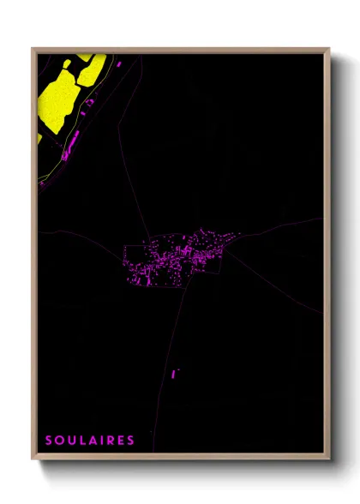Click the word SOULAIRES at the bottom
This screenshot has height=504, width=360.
pos(90,441)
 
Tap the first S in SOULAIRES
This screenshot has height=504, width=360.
pos(49,441)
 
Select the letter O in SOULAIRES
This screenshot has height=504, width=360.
pos(59,441)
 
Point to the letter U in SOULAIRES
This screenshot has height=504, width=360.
pos(70,441)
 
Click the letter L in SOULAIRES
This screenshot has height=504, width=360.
pos(81,441)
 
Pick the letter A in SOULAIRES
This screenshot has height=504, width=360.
pos(90,441)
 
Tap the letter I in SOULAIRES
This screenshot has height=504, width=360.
pos(99,441)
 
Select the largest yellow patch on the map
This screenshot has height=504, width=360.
pos(58,99)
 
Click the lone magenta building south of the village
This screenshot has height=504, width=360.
pos(173,374)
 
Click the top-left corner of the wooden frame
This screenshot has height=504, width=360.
pos(33,49)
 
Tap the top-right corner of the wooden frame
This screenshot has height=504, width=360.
pos(329,49)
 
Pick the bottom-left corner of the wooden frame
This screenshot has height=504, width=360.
pos(33,459)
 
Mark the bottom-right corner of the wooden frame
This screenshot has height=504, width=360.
pos(329,459)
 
